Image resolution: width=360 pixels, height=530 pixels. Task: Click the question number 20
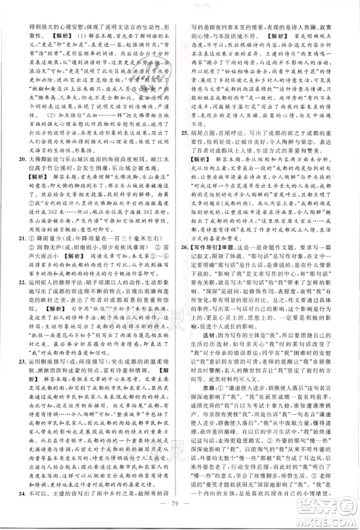[x=20, y=175]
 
